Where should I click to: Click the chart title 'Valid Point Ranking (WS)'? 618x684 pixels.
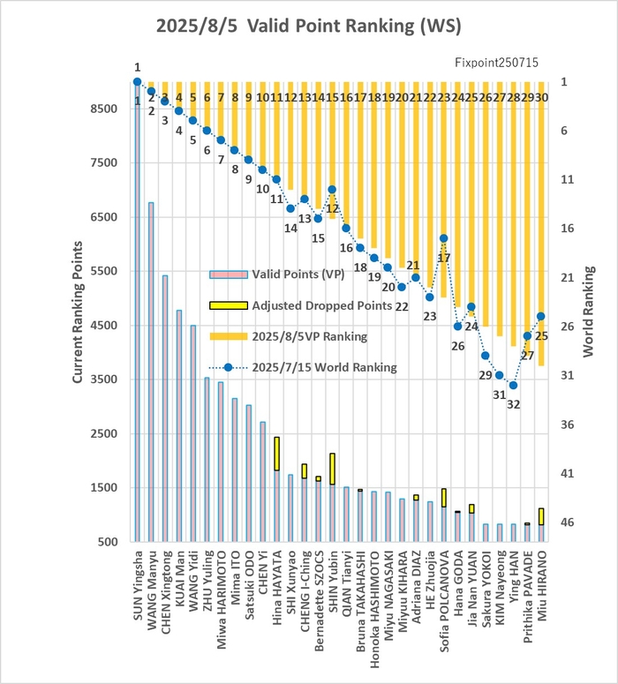click(x=354, y=26)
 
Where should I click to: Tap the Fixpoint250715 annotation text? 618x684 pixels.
click(x=496, y=63)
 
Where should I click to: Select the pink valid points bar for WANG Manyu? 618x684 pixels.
click(x=151, y=372)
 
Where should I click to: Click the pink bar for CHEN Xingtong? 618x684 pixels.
click(x=165, y=409)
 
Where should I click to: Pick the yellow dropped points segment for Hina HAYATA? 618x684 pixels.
click(x=276, y=454)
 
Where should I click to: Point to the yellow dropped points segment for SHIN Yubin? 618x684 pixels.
click(x=333, y=469)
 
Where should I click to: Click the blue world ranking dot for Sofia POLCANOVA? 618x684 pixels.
click(x=443, y=238)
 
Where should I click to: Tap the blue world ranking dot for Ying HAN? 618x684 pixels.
click(x=513, y=385)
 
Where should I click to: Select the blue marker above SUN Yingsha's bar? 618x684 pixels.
click(x=137, y=81)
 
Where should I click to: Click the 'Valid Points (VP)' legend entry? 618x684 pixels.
click(x=277, y=274)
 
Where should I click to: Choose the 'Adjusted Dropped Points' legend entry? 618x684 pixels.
click(x=301, y=305)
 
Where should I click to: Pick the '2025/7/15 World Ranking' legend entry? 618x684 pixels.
click(x=303, y=367)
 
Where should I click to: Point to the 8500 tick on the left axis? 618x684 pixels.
click(x=104, y=109)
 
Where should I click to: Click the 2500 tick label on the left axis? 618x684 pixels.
click(x=104, y=433)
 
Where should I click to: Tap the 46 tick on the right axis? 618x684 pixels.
click(x=567, y=522)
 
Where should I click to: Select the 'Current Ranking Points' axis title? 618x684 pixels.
click(x=78, y=312)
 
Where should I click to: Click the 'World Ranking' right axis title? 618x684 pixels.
click(x=588, y=312)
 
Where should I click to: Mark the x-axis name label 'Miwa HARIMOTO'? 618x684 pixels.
click(x=222, y=600)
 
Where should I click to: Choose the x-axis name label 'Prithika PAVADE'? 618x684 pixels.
click(x=528, y=597)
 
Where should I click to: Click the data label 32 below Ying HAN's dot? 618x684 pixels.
click(x=513, y=404)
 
